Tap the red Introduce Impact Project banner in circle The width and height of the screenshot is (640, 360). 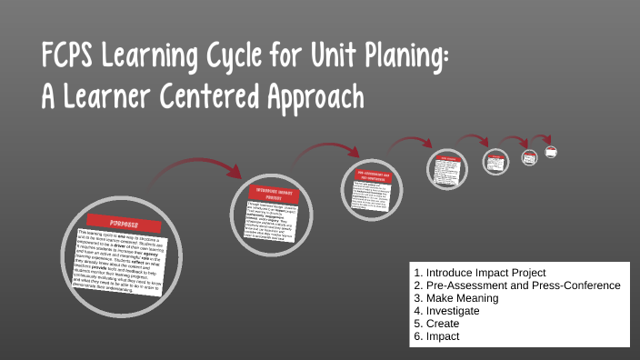coord(279,193)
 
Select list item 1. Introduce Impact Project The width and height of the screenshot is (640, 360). coord(479,273)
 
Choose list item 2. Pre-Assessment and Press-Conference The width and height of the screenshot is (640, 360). coord(516,285)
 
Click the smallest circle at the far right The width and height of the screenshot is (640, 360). coord(550,152)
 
